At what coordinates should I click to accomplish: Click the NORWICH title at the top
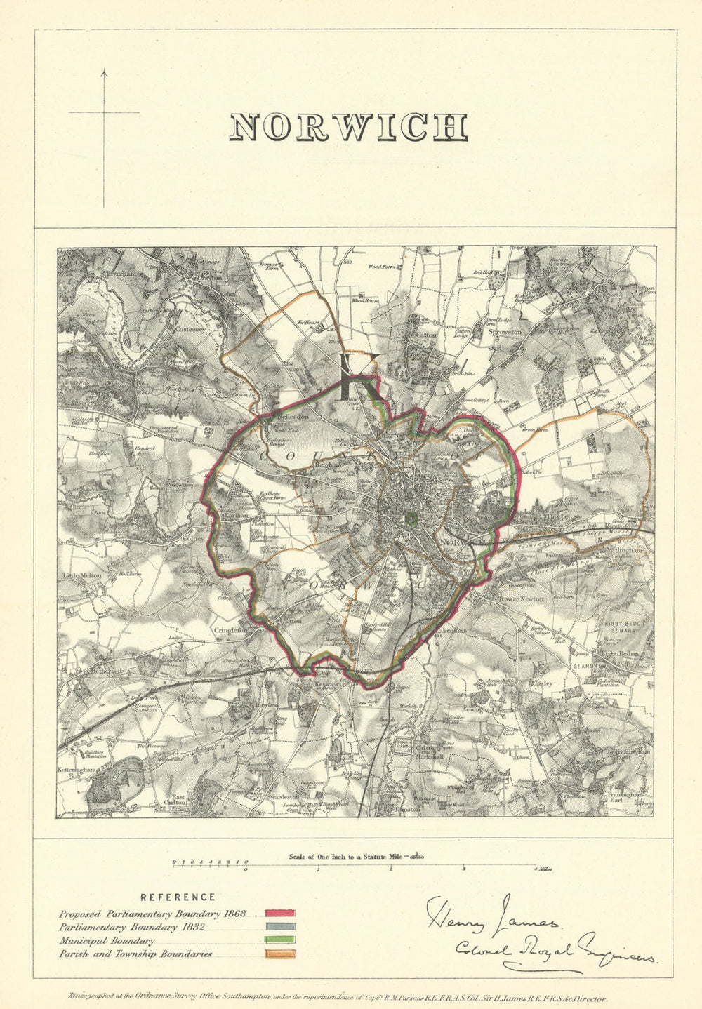(x=349, y=128)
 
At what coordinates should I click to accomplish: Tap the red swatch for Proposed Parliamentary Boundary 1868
(x=280, y=914)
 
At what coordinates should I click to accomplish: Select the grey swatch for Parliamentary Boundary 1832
(x=280, y=927)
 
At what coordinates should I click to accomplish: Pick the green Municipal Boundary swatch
(x=280, y=940)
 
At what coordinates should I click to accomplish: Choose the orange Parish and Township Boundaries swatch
(x=280, y=954)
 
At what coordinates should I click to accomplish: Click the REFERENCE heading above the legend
(x=178, y=897)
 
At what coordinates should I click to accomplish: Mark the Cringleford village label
(x=232, y=630)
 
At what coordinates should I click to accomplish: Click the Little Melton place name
(x=83, y=575)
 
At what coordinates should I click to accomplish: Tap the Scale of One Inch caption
(x=355, y=856)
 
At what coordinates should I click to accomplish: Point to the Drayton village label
(x=209, y=278)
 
